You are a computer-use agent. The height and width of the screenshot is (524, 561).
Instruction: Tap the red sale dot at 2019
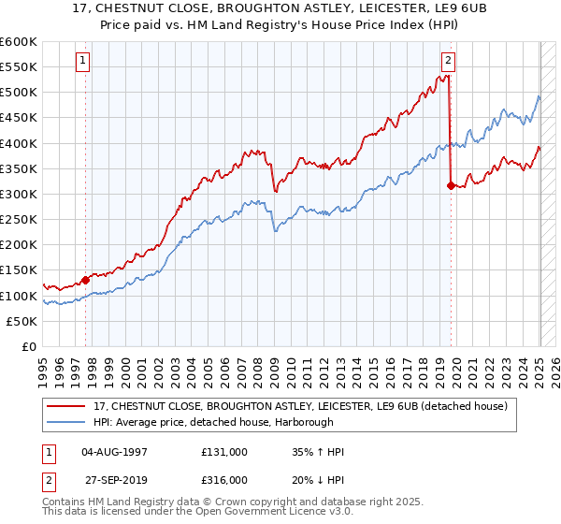point(451,185)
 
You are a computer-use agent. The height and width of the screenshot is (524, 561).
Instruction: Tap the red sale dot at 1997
point(85,279)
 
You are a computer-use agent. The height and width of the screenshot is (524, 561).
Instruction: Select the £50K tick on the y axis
point(22,321)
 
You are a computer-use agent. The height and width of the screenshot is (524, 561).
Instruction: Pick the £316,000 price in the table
point(224,479)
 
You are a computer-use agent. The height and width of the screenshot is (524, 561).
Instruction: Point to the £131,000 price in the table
point(224,453)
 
